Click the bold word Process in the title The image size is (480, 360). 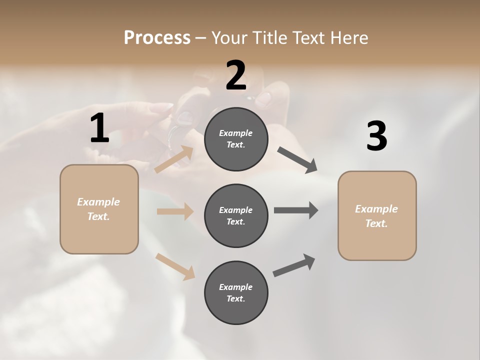pyautogui.click(x=157, y=38)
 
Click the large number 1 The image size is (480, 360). pyautogui.click(x=99, y=128)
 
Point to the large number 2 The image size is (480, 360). pyautogui.click(x=236, y=75)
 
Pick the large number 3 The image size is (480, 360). pyautogui.click(x=376, y=136)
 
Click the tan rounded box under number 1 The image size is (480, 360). pyautogui.click(x=99, y=209)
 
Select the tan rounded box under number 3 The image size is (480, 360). pyautogui.click(x=377, y=215)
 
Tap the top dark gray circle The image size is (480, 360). pyautogui.click(x=236, y=139)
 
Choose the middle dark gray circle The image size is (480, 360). pyautogui.click(x=236, y=215)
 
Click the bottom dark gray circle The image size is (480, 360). pyautogui.click(x=236, y=292)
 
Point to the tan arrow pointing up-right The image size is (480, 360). pyautogui.click(x=174, y=159)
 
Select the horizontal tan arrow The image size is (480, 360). pyautogui.click(x=175, y=211)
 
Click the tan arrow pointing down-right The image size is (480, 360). pyautogui.click(x=175, y=266)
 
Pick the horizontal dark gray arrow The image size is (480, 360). pyautogui.click(x=296, y=210)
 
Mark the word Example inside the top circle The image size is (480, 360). pyautogui.click(x=236, y=133)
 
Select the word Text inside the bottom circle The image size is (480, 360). pyautogui.click(x=235, y=298)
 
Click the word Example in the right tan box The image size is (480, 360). pyautogui.click(x=376, y=209)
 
